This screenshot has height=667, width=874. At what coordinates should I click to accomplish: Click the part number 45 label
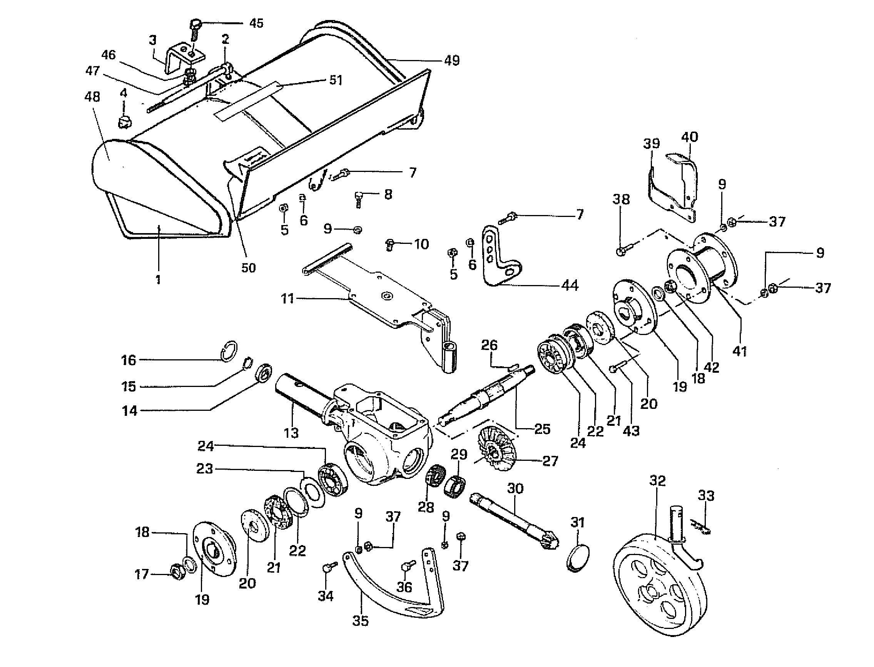(x=256, y=23)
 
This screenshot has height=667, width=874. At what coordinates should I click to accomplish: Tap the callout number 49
(x=452, y=60)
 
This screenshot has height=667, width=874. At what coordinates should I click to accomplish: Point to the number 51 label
(x=336, y=80)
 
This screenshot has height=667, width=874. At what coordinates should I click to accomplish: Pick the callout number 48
(x=92, y=97)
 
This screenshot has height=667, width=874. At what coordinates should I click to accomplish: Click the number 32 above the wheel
(x=657, y=480)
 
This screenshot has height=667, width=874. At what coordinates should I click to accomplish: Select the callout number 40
(x=690, y=137)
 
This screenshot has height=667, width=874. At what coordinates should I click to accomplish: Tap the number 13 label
(x=291, y=432)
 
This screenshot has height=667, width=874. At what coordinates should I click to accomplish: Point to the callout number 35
(x=360, y=620)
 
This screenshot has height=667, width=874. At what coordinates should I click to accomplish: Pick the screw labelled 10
(x=390, y=245)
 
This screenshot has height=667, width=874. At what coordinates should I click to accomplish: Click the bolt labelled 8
(x=358, y=199)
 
